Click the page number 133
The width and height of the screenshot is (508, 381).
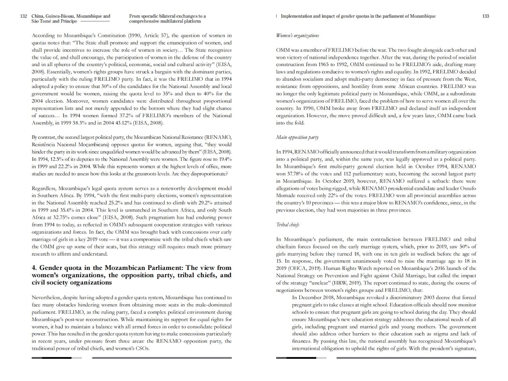[x=485, y=16]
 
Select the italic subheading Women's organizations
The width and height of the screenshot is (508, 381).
[x=297, y=36]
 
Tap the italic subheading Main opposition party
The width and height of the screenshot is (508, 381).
[x=297, y=137]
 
